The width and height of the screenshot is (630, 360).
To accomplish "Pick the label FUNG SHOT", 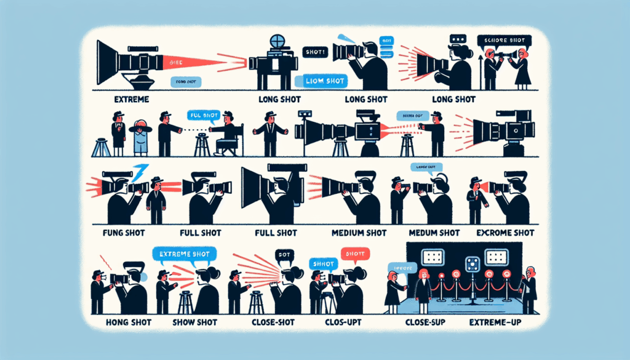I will pyautogui.click(x=119, y=234).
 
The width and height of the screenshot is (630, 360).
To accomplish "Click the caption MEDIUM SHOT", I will pyautogui.click(x=360, y=233).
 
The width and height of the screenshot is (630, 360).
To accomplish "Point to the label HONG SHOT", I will pyautogui.click(x=119, y=321).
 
